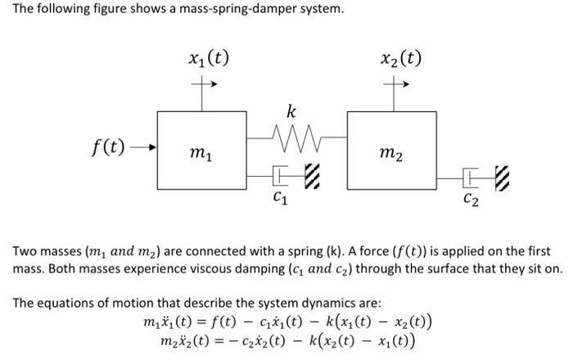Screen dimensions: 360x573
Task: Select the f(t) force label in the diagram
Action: [108, 148]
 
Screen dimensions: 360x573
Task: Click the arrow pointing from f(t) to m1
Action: [141, 149]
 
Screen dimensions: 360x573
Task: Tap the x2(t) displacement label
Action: [401, 58]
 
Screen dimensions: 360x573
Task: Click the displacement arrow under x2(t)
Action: [401, 83]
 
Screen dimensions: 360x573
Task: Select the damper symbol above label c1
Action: [280, 173]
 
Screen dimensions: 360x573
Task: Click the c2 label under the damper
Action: [471, 198]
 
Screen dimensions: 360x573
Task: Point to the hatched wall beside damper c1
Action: [309, 174]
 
